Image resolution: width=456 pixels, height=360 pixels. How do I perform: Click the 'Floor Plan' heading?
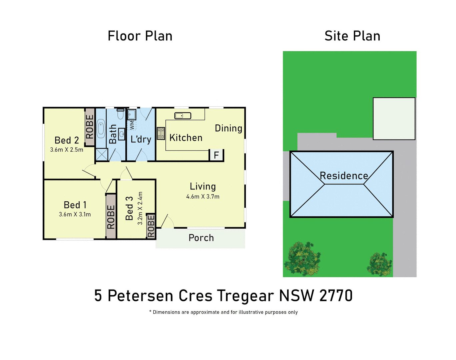[x=140, y=36]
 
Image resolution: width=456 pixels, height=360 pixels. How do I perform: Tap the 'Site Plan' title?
[x=352, y=36]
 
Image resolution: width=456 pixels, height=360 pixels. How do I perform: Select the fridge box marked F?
[x=216, y=155]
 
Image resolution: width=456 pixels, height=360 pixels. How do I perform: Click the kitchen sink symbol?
[x=183, y=116]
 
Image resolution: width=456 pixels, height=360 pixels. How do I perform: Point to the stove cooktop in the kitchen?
[x=161, y=133]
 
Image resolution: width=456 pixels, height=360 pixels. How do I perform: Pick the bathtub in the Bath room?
[x=100, y=130]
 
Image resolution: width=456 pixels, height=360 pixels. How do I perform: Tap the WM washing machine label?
[x=132, y=125]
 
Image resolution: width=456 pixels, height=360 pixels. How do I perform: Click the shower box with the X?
[x=102, y=155]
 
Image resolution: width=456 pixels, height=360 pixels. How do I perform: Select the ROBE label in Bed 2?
[x=90, y=127]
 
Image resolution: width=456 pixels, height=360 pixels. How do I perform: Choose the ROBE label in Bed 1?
[x=111, y=217]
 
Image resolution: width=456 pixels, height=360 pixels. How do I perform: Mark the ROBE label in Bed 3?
[x=151, y=226]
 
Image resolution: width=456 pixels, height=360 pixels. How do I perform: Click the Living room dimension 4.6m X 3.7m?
[x=203, y=197]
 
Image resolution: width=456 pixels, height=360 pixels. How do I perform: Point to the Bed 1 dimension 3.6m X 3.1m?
[x=75, y=214]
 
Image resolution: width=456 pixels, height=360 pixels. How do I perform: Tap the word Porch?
[x=201, y=238]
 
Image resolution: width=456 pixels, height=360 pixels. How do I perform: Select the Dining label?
[x=228, y=128]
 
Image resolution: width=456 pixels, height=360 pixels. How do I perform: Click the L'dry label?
[x=141, y=139]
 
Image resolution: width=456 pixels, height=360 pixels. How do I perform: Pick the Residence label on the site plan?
[x=344, y=176]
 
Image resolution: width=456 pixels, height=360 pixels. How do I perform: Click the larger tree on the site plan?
[x=302, y=259]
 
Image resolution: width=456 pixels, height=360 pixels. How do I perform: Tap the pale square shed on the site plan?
[x=394, y=119]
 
